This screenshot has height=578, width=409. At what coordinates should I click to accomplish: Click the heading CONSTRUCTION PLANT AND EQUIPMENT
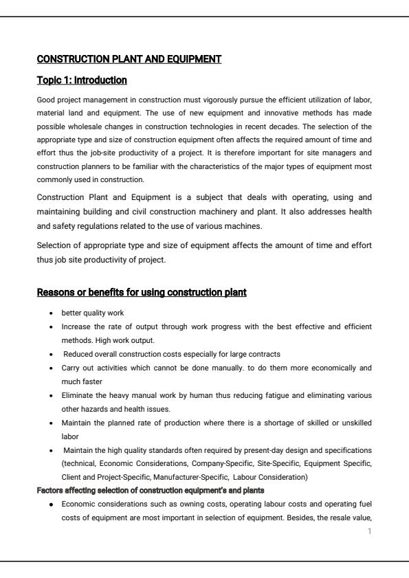[x=129, y=59]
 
